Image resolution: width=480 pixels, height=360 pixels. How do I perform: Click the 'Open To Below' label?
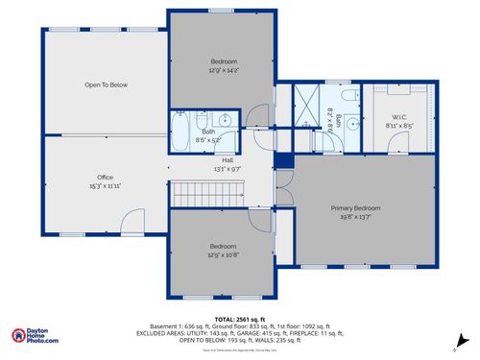pyautogui.click(x=106, y=85)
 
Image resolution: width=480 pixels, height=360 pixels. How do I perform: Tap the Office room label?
pyautogui.click(x=106, y=178)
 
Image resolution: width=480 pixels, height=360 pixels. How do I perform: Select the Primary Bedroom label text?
pyautogui.click(x=355, y=208)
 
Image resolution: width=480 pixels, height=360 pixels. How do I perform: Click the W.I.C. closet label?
pyautogui.click(x=399, y=119)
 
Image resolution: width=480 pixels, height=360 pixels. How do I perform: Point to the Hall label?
pyautogui.click(x=228, y=159)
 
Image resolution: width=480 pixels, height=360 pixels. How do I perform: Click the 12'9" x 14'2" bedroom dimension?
pyautogui.click(x=223, y=70)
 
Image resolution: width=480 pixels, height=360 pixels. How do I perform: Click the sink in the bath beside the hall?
pyautogui.click(x=224, y=119)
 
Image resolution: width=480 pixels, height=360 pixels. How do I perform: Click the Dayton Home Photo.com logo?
pyautogui.click(x=35, y=335)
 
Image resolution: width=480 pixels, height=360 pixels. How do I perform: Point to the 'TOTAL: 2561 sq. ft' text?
pyautogui.click(x=239, y=318)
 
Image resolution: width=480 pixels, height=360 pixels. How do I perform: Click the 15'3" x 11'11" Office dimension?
pyautogui.click(x=106, y=186)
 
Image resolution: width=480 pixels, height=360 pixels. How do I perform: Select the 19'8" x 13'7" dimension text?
pyautogui.click(x=355, y=217)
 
